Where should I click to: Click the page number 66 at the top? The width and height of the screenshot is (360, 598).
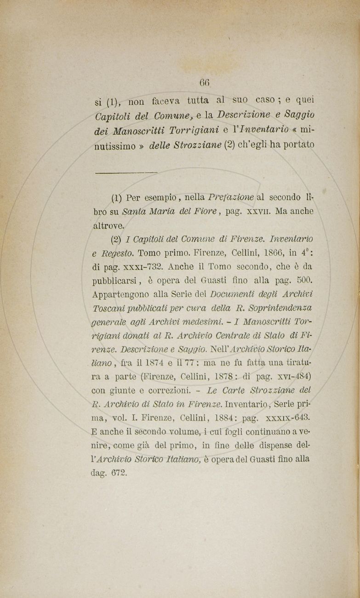[x=205, y=83]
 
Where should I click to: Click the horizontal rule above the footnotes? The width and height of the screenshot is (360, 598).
[x=126, y=172]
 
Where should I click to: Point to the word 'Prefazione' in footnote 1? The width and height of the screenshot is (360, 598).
[x=231, y=197]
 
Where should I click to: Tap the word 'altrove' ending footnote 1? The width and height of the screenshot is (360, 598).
[x=107, y=226]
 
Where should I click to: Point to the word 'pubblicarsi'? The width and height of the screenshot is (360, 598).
[x=114, y=280]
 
